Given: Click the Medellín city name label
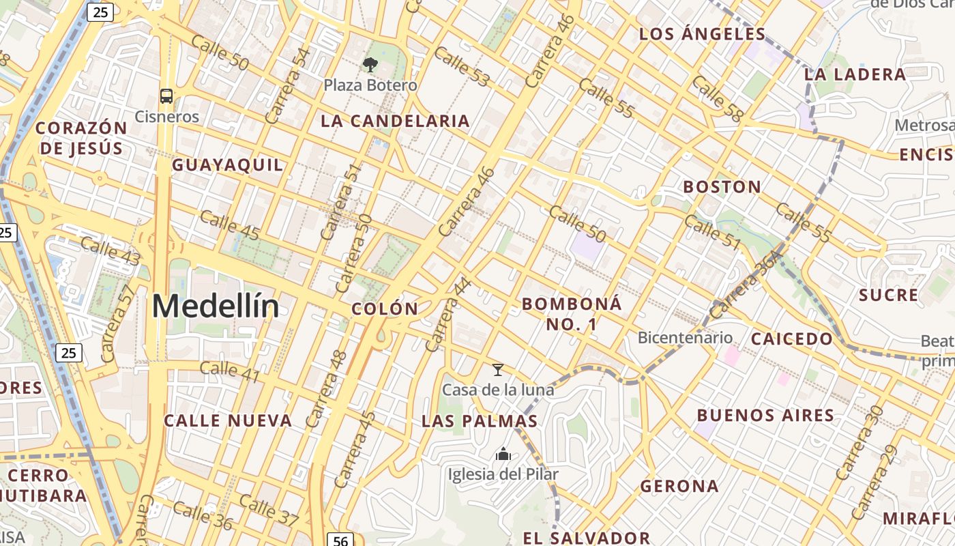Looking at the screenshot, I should pyautogui.click(x=216, y=306).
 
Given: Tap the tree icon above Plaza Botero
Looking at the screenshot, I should pyautogui.click(x=370, y=65).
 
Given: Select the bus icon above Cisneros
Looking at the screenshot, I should pyautogui.click(x=166, y=96).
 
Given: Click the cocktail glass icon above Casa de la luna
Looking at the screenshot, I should pyautogui.click(x=498, y=370).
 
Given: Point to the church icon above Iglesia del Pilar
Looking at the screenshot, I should pyautogui.click(x=503, y=453).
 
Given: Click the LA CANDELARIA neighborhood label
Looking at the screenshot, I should pyautogui.click(x=396, y=121).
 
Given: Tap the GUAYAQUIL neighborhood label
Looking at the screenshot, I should pyautogui.click(x=227, y=165).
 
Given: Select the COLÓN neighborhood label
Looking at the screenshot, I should pyautogui.click(x=385, y=308).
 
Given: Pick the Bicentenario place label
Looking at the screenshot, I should pyautogui.click(x=685, y=338).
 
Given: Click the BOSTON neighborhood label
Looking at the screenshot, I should pyautogui.click(x=722, y=187).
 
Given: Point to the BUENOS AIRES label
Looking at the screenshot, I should pyautogui.click(x=765, y=415).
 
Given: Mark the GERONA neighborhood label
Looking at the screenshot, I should pyautogui.click(x=679, y=486).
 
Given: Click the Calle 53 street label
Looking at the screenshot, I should pyautogui.click(x=462, y=67).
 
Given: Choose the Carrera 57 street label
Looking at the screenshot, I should pyautogui.click(x=118, y=324).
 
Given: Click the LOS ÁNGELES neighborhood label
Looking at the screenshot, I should pyautogui.click(x=703, y=34).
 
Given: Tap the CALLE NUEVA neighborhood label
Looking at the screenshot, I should pyautogui.click(x=229, y=420).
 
